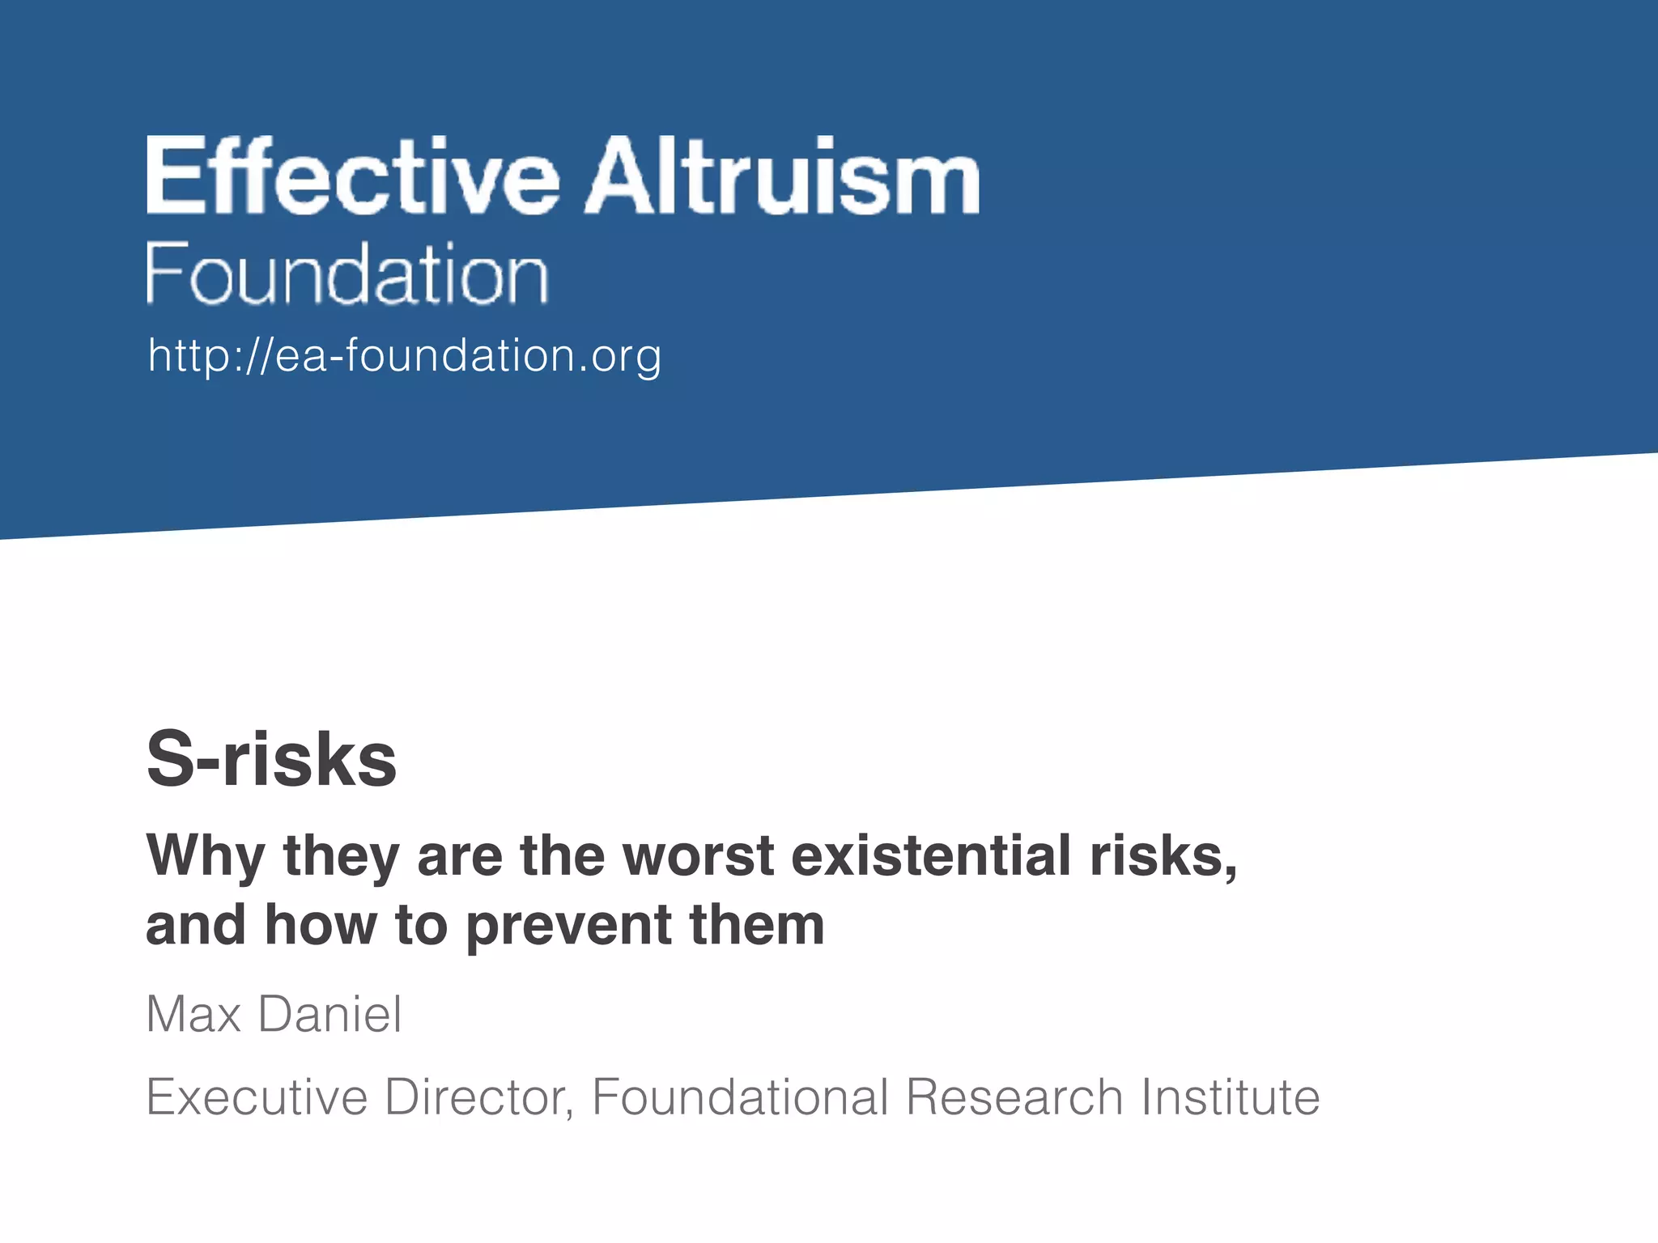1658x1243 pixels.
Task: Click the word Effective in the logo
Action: coord(353,176)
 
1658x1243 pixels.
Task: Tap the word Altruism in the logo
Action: coord(783,176)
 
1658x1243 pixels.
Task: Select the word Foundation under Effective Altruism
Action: coord(347,274)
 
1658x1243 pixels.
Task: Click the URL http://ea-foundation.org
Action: coord(405,356)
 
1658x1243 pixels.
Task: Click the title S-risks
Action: coord(271,759)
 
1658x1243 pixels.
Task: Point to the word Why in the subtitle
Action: coord(206,856)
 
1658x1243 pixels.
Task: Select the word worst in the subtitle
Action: coord(698,856)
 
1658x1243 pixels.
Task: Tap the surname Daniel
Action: coord(329,1014)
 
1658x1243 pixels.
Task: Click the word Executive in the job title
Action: coord(257,1097)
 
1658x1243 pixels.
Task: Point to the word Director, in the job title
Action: coord(479,1097)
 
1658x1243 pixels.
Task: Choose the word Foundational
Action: coord(741,1097)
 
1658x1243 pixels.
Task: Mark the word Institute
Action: coord(1230,1097)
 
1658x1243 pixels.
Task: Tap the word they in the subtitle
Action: coord(341,856)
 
